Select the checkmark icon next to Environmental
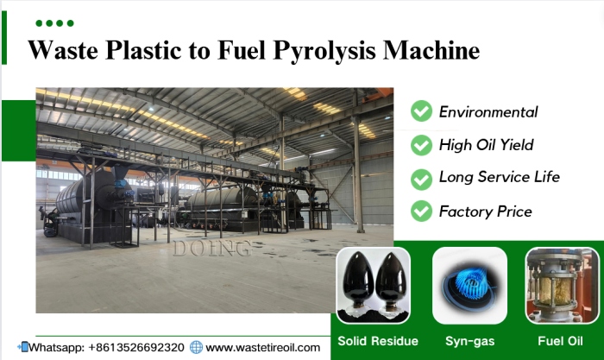coord(421,111)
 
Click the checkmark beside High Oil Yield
coord(421,145)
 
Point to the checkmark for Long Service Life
coord(421,178)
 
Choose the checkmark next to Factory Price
coord(421,211)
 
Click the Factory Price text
coord(485,211)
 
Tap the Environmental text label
coord(488,111)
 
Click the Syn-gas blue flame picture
coord(469,285)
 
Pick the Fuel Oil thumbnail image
coord(562,285)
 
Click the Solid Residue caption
coord(378,341)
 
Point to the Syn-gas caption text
coord(470,341)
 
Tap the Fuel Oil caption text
coord(562,341)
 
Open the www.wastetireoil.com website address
coord(263,347)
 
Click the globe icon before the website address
coord(196,347)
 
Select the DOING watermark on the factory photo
coord(212,249)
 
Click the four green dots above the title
coord(54,22)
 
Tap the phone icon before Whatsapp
coord(23,347)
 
